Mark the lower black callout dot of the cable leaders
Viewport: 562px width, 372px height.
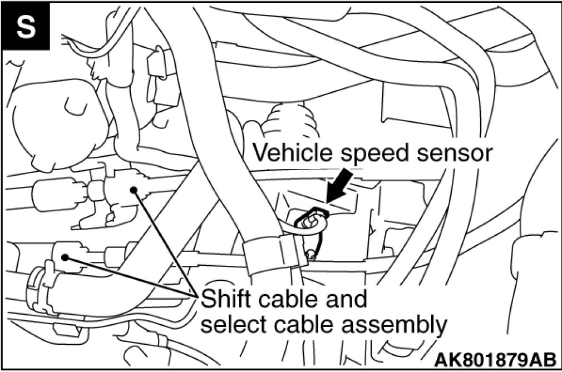point(66,257)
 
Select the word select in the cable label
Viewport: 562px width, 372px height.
point(229,324)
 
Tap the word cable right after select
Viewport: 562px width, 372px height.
point(298,324)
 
